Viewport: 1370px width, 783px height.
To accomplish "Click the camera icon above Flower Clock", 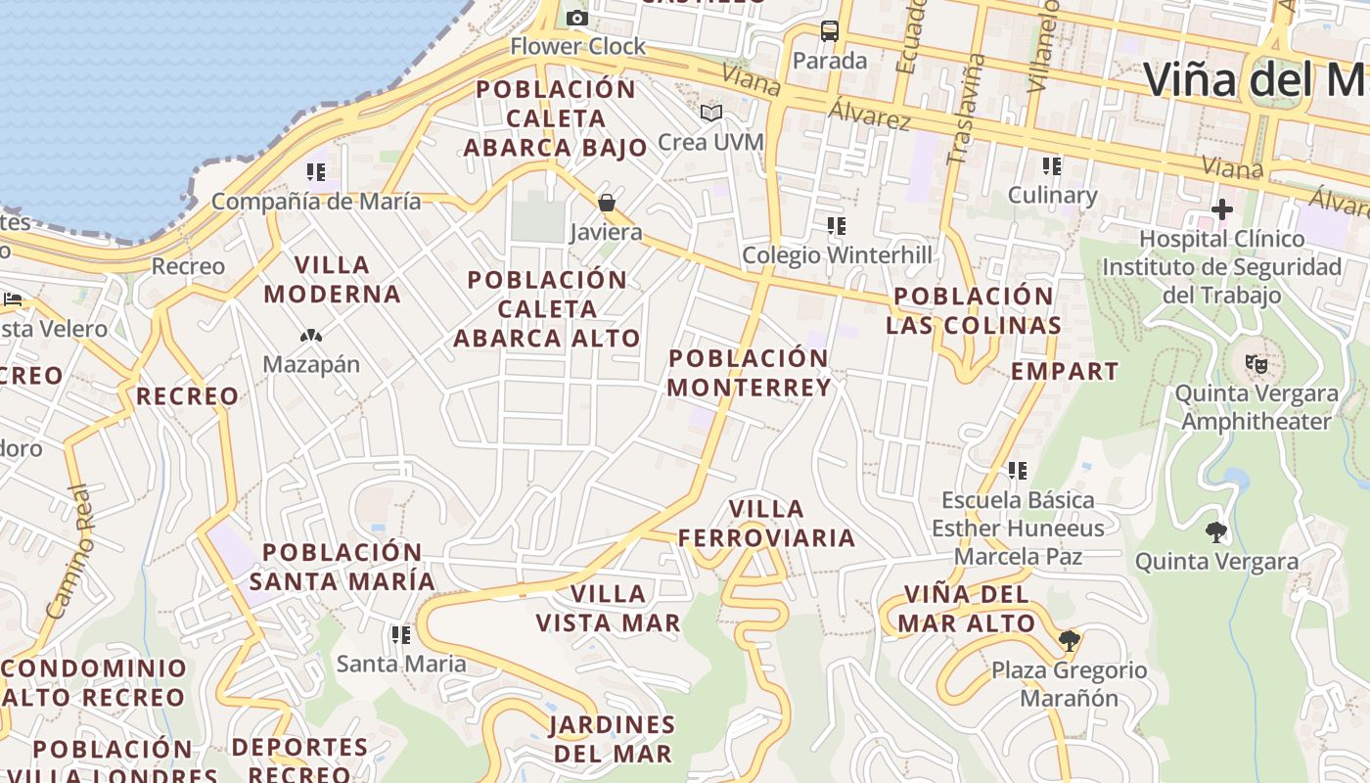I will click(x=577, y=18).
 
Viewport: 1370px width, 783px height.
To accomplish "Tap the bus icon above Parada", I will click(x=830, y=30).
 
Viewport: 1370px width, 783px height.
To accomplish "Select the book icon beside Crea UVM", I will click(x=711, y=114).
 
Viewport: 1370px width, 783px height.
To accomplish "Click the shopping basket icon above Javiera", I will click(x=607, y=203).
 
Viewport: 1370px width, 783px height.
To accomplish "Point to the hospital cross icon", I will click(x=1221, y=208).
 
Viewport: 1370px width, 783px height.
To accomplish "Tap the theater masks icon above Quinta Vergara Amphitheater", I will click(x=1256, y=364).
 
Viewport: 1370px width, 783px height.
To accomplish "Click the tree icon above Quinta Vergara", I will click(x=1216, y=532).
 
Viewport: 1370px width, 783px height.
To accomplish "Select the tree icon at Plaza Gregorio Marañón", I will click(x=1069, y=641).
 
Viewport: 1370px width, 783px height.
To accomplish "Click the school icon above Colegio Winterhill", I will click(x=837, y=226).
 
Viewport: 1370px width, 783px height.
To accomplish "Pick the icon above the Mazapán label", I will click(x=311, y=336).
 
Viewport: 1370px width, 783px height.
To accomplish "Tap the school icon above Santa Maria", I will click(x=401, y=635).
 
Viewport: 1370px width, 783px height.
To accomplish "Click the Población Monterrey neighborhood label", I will click(x=750, y=373).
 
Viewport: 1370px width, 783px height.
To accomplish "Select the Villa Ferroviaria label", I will click(x=767, y=524).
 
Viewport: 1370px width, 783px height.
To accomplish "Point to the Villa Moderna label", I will click(x=333, y=280).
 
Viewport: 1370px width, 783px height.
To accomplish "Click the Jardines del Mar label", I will click(x=613, y=739).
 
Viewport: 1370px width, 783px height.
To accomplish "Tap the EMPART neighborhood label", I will click(x=1065, y=372).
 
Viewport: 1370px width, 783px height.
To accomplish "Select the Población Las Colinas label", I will click(x=974, y=310).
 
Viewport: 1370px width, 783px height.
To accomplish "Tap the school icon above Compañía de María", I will click(x=316, y=172).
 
